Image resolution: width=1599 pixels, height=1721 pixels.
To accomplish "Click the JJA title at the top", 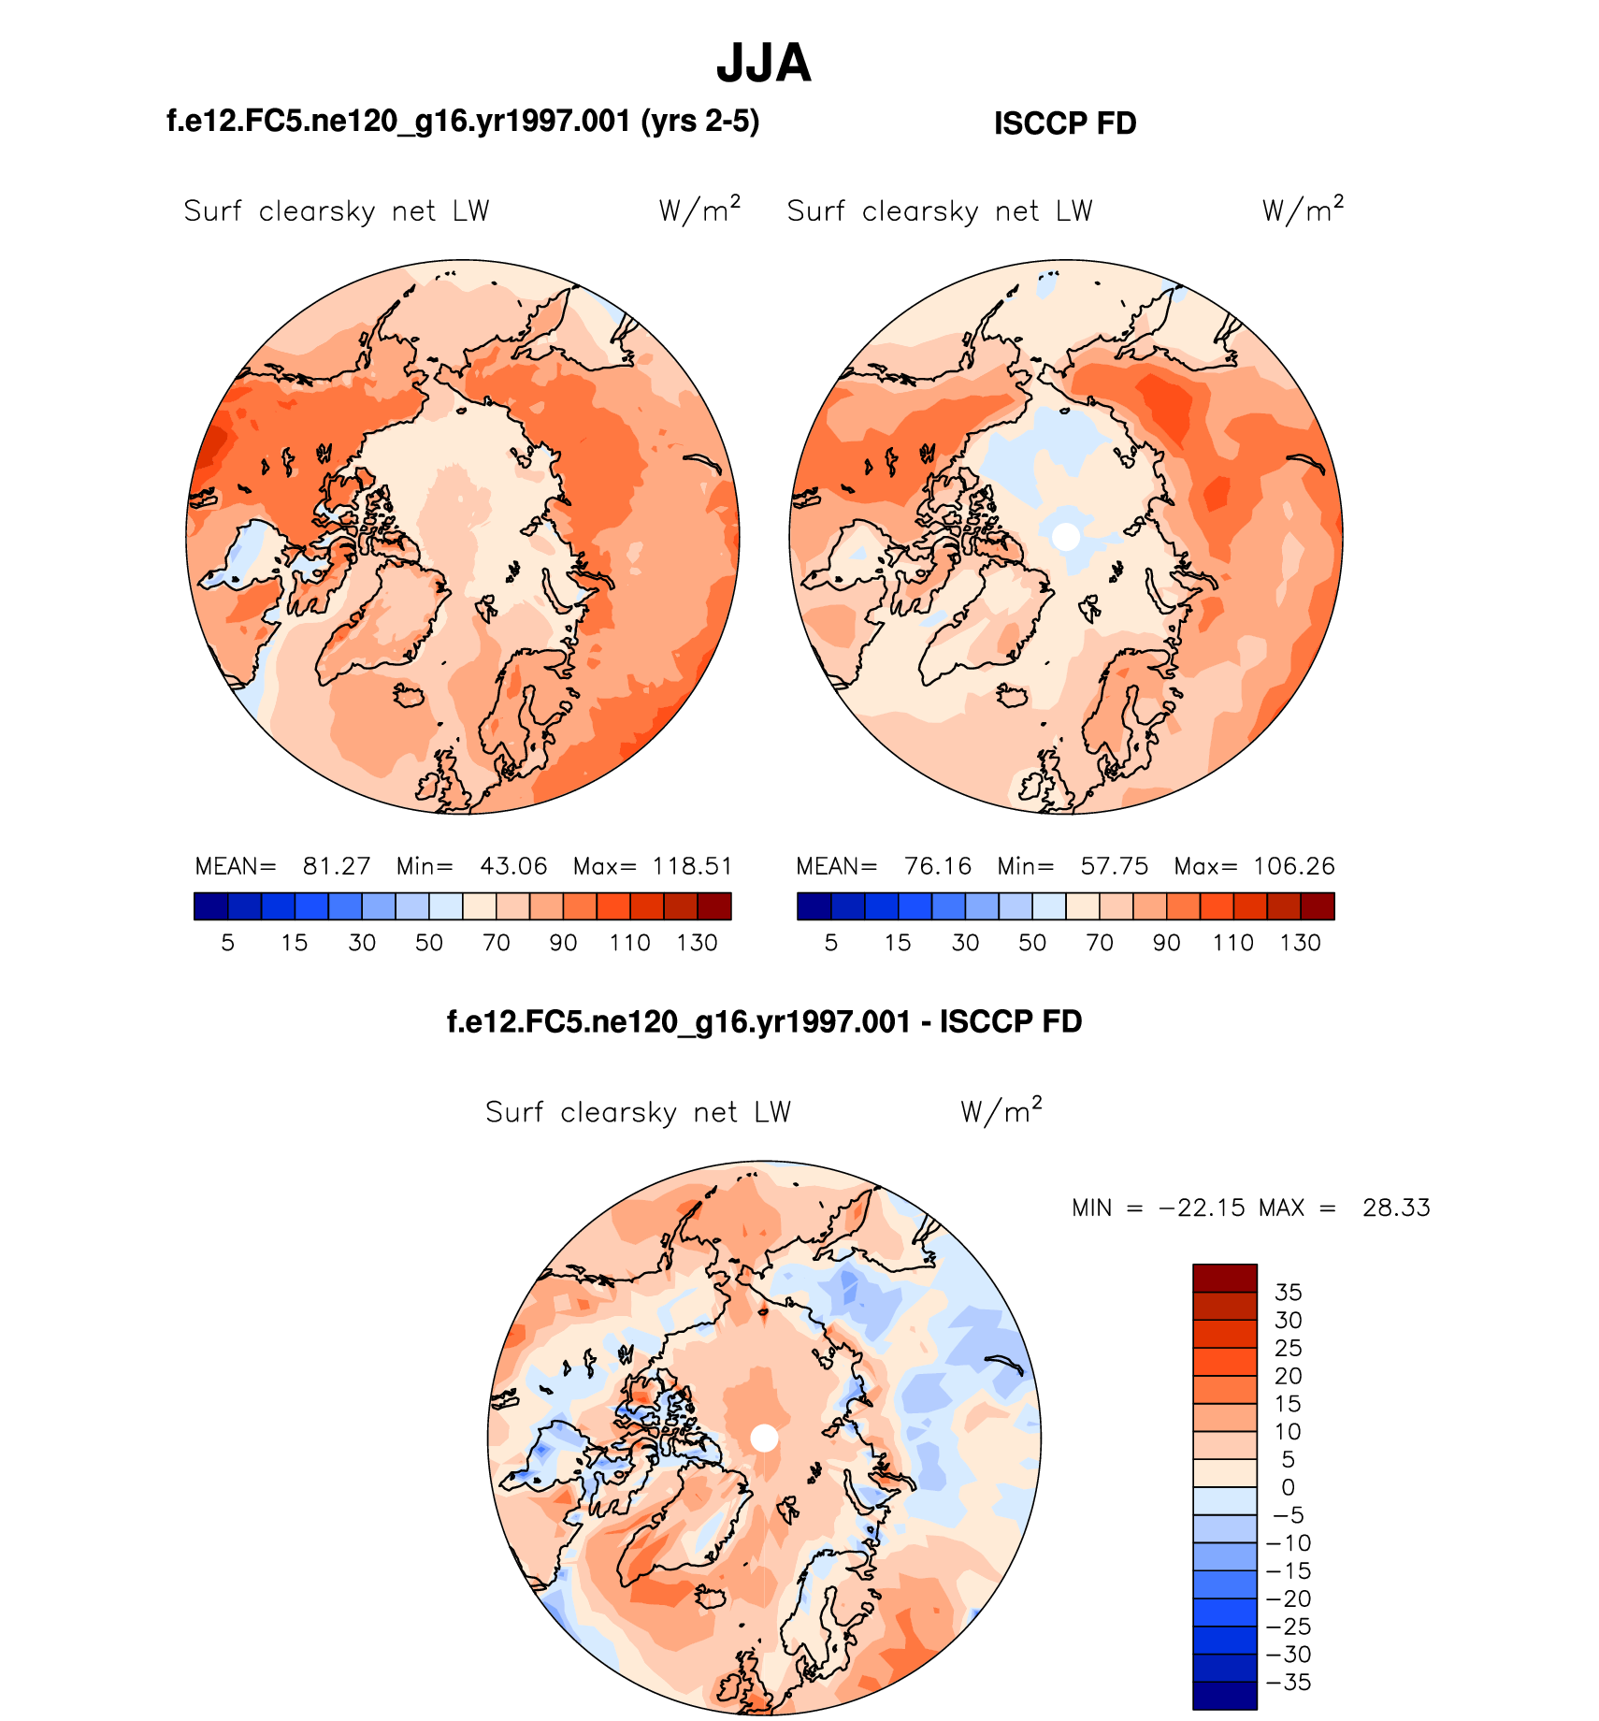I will [x=763, y=64].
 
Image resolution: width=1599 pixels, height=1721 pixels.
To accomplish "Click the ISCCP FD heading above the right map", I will [x=1064, y=123].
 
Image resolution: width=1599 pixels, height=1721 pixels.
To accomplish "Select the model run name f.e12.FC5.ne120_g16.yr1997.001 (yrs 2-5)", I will [x=463, y=122].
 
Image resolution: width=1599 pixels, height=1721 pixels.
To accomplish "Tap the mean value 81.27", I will [x=337, y=866].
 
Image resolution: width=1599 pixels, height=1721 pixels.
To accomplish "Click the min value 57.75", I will [x=1114, y=866].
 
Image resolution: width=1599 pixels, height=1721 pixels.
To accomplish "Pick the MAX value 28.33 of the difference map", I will [x=1396, y=1208].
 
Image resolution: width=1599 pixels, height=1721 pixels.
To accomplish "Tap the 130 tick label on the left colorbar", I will [x=697, y=943].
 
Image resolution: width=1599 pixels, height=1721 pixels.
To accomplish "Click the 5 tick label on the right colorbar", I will [x=830, y=943].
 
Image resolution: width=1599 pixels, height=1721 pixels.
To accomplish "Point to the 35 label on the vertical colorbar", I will [x=1288, y=1293].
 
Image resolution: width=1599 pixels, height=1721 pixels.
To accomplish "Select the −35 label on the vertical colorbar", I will [x=1288, y=1682].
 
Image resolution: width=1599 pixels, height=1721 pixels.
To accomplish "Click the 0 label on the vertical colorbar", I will [x=1288, y=1487].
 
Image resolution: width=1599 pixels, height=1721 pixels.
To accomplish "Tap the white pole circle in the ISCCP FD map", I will [x=1065, y=537].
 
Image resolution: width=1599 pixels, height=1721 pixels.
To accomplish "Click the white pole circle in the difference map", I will [x=764, y=1439].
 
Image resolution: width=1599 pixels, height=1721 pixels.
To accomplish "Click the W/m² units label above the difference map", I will [x=1001, y=1111].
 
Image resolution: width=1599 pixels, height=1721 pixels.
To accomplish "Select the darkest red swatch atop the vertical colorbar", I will [x=1224, y=1278].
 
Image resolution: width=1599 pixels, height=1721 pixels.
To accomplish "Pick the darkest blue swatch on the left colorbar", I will [x=210, y=906].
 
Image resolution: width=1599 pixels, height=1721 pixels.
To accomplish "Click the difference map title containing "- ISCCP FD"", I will [x=764, y=1021].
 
